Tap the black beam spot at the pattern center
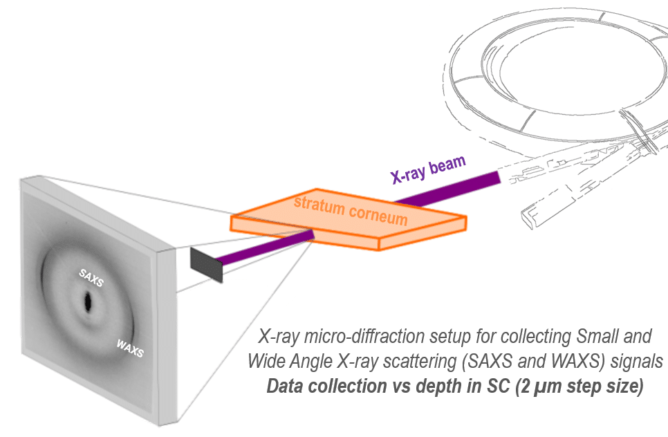(x=89, y=301)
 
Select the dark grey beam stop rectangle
(x=206, y=263)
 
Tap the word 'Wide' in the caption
(x=262, y=363)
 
